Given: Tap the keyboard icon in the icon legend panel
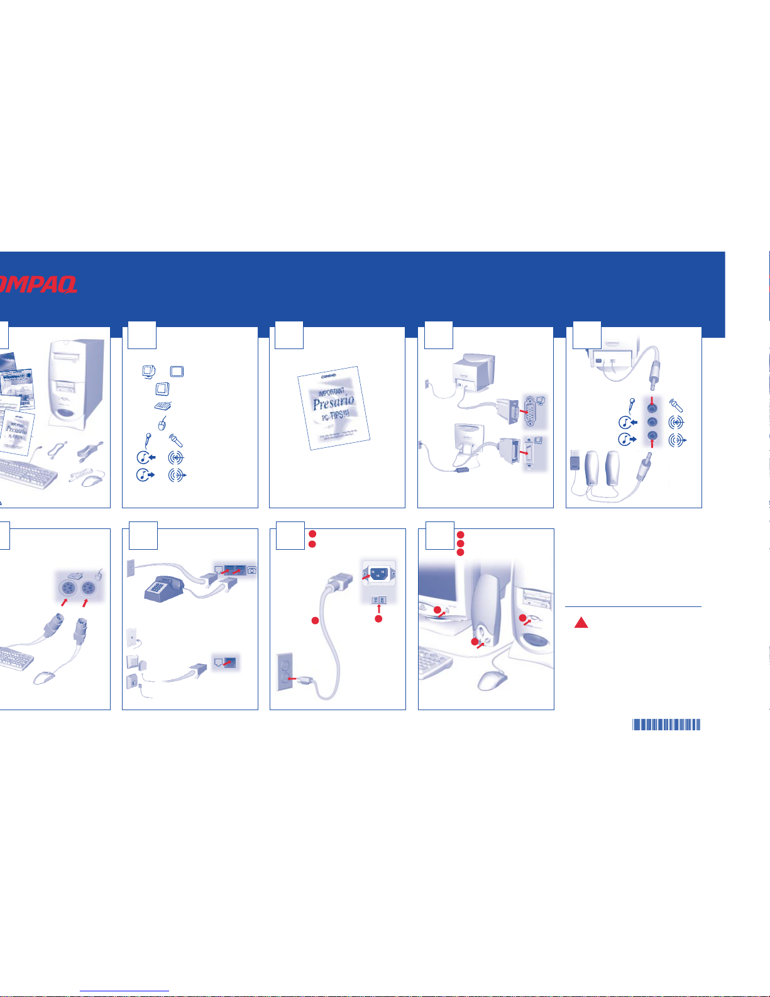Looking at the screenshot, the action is tap(163, 406).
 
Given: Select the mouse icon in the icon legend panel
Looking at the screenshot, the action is tap(162, 424).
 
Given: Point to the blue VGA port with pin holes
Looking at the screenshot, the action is tap(531, 412).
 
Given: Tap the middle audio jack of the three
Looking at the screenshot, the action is tap(652, 422).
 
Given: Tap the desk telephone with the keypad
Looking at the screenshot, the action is tap(163, 589).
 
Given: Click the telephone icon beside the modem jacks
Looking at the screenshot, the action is tap(251, 570).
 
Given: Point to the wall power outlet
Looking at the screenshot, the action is tap(286, 673).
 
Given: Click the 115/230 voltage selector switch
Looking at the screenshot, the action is tap(379, 600).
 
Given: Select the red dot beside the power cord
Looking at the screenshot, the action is tap(316, 621).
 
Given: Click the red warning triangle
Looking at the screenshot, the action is tap(581, 623).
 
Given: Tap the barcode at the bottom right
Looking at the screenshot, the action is tap(666, 725).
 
